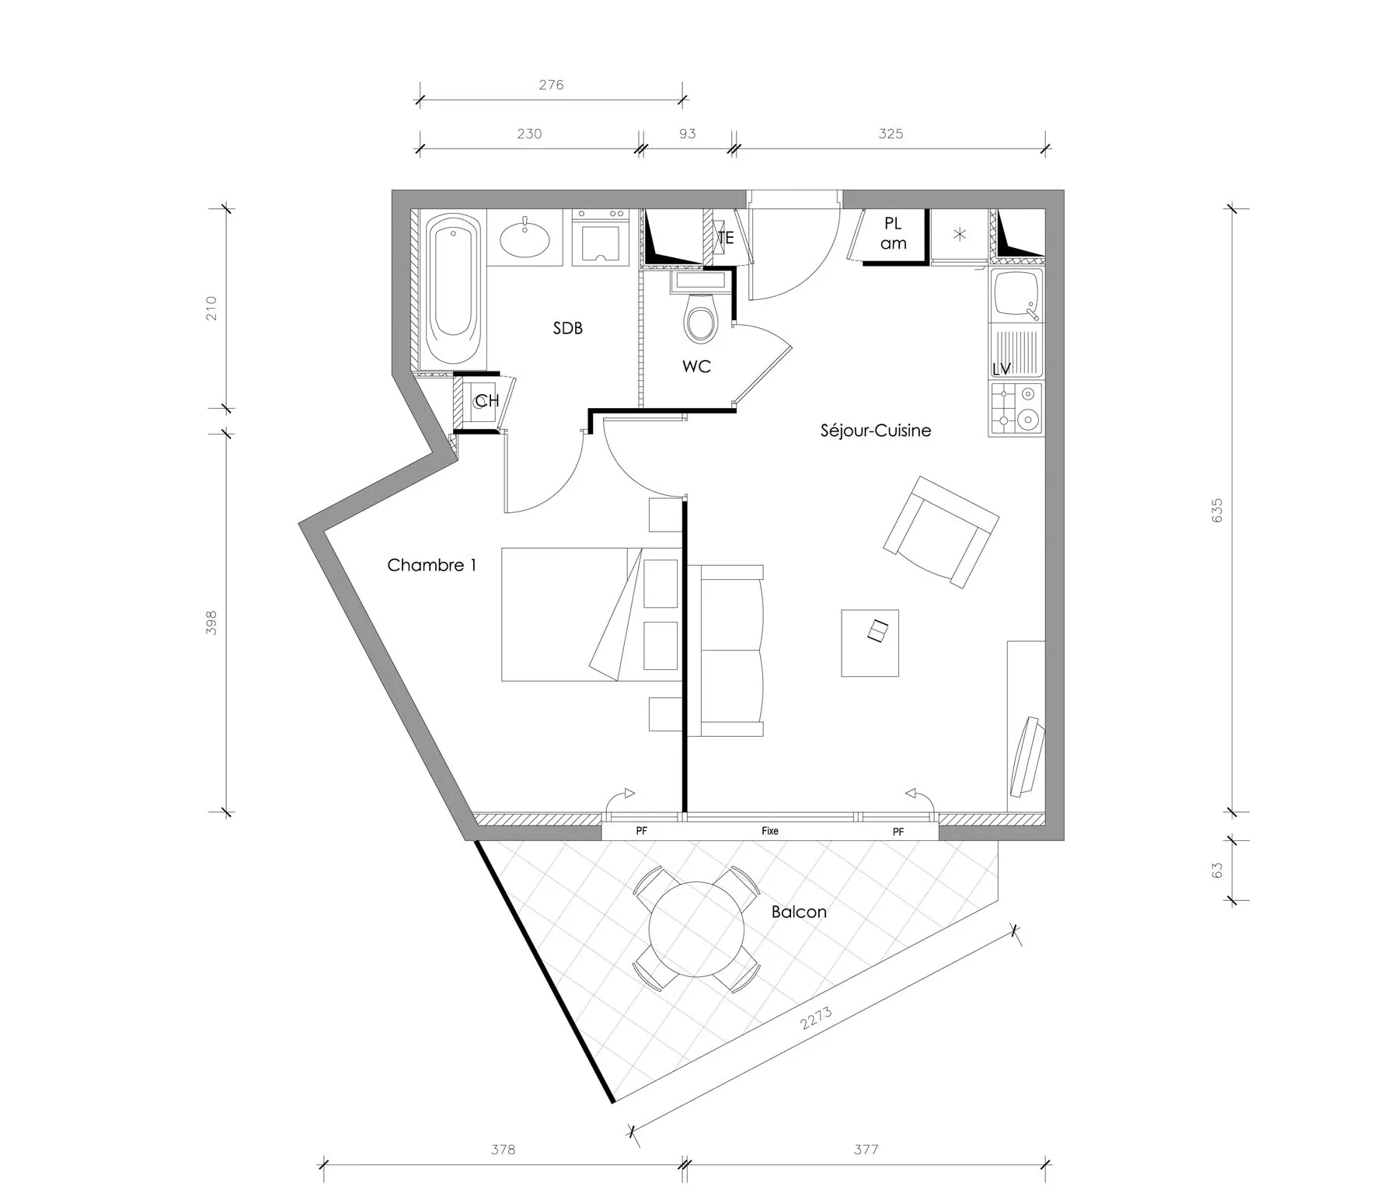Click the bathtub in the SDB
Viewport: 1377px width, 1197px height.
pos(453,290)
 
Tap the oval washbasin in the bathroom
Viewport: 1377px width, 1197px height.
pos(525,238)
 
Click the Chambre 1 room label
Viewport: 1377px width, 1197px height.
pos(431,565)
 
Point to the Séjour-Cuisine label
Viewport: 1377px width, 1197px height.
pos(875,431)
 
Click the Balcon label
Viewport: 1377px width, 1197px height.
pos(798,912)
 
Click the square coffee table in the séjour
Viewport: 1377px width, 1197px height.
pos(870,643)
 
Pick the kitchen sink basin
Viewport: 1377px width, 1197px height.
pos(1013,294)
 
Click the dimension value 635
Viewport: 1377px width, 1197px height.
pos(1216,510)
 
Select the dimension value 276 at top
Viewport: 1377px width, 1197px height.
pos(551,85)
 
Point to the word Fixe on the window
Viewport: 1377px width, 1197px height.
pos(769,831)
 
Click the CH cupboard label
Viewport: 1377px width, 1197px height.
pos(486,401)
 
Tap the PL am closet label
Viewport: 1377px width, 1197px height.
pos(893,233)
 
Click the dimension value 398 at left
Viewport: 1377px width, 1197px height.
pos(211,623)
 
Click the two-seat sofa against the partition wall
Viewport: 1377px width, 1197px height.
pos(731,651)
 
